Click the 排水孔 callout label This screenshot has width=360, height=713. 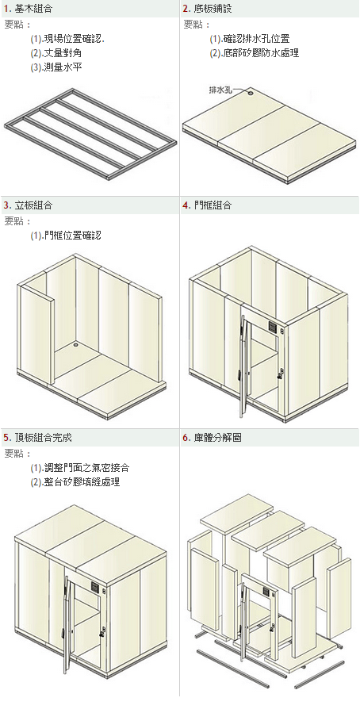pyautogui.click(x=220, y=90)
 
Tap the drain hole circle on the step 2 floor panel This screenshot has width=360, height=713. pyautogui.click(x=251, y=92)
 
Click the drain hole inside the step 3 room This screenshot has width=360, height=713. pyautogui.click(x=73, y=345)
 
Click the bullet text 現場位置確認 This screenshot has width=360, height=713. pyautogui.click(x=73, y=39)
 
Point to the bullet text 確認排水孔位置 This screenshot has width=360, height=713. pyautogui.click(x=256, y=39)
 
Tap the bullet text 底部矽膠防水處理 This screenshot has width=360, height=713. pyautogui.click(x=261, y=53)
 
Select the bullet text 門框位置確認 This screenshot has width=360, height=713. pyautogui.click(x=73, y=236)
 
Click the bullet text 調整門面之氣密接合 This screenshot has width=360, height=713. pyautogui.click(x=86, y=468)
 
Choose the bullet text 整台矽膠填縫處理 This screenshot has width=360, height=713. pyautogui.click(x=82, y=482)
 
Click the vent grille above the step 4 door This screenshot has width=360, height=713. pyautogui.click(x=273, y=327)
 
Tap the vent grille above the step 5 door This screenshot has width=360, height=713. pyautogui.click(x=95, y=587)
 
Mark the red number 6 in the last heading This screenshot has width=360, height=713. pyautogui.click(x=186, y=439)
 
